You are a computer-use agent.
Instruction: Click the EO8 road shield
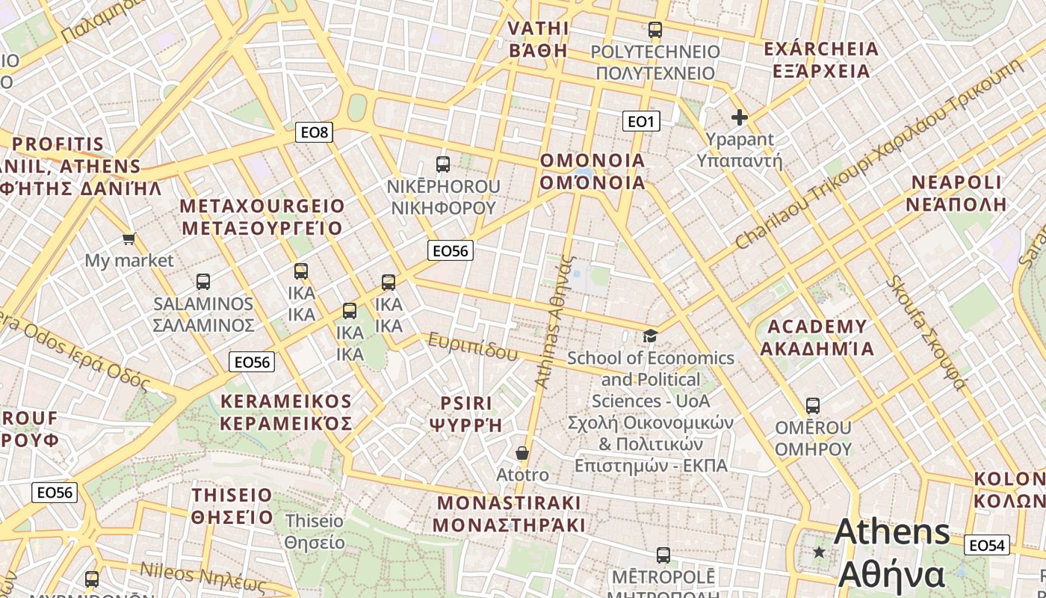click(314, 132)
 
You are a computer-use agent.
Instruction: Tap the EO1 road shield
click(641, 120)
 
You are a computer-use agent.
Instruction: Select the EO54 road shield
click(986, 546)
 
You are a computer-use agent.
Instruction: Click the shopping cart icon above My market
click(129, 239)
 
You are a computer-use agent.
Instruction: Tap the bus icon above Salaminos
click(202, 282)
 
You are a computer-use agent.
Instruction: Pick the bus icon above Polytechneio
click(655, 30)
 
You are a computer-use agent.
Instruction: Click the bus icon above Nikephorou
click(443, 164)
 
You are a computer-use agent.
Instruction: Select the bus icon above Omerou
click(813, 406)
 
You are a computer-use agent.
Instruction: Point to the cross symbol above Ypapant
click(740, 117)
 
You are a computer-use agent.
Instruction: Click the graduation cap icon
click(650, 336)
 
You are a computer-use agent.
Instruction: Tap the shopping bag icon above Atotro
click(522, 453)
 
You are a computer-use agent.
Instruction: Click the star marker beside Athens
click(819, 552)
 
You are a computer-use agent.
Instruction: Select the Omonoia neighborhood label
click(592, 172)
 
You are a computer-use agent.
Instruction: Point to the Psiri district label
click(465, 414)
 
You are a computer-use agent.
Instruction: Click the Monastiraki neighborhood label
click(509, 513)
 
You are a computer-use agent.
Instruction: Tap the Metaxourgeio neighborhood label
click(262, 217)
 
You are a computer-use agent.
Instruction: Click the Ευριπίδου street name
click(472, 346)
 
